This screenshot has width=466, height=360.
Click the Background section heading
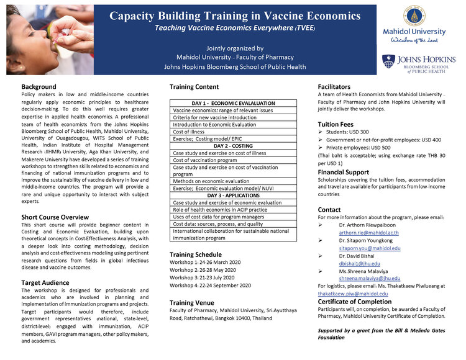(39, 87)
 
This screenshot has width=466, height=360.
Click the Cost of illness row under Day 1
(189, 131)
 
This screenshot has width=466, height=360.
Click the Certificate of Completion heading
(355, 302)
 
